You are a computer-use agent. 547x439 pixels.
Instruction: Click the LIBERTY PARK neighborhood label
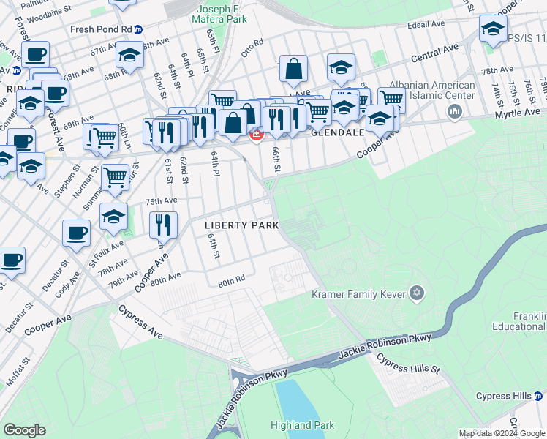click(242, 225)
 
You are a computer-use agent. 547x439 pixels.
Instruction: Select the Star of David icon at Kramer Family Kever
click(417, 294)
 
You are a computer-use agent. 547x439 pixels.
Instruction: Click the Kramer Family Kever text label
click(359, 295)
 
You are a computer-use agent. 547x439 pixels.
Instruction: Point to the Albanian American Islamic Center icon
click(454, 111)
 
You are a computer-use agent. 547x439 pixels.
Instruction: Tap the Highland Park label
click(302, 425)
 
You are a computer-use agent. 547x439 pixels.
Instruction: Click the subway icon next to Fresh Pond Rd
click(139, 30)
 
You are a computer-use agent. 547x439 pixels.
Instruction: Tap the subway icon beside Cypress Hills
click(538, 396)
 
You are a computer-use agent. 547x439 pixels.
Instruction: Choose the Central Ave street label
click(434, 51)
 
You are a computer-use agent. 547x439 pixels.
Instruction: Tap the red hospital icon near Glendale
click(257, 135)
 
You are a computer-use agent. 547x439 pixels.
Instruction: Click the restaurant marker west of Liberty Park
click(164, 224)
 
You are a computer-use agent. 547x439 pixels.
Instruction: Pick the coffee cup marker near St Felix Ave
click(76, 232)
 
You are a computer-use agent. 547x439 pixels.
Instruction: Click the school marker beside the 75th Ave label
click(113, 216)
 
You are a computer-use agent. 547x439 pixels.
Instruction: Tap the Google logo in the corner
click(24, 430)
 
